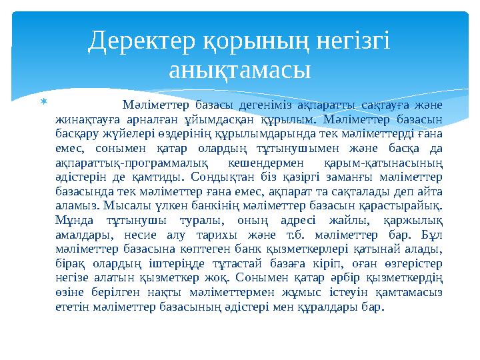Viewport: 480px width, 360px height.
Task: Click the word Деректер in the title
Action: tap(141, 41)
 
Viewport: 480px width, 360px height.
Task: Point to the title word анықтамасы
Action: tap(240, 71)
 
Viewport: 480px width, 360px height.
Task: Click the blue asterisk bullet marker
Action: tap(44, 101)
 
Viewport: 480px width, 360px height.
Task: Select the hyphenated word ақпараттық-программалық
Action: tap(132, 163)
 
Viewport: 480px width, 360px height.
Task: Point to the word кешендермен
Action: tap(266, 163)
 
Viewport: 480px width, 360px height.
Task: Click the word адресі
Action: tap(298, 221)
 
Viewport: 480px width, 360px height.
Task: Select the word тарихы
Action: tap(217, 235)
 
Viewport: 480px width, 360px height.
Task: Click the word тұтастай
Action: tap(237, 263)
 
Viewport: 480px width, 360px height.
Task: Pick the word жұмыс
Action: tap(301, 293)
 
